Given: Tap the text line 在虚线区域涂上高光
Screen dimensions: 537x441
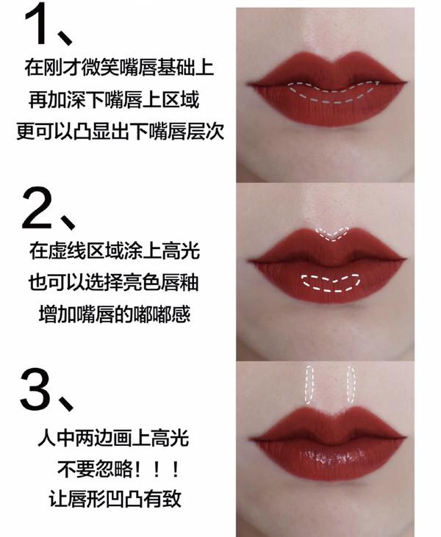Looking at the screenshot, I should (118, 251).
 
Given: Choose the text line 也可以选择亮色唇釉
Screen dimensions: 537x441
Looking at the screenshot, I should (118, 283).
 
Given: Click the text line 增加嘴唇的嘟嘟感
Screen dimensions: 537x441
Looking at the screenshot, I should (118, 314).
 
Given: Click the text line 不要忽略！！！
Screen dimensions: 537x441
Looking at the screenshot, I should (118, 470).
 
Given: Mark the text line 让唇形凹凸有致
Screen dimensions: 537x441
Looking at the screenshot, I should (118, 501).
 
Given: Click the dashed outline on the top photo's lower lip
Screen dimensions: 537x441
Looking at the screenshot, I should (334, 91).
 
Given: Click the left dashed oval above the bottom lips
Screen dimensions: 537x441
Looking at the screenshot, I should (311, 385).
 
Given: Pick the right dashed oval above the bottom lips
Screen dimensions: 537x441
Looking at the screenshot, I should (353, 385).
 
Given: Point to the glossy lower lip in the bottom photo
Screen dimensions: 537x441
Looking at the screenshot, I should (332, 460).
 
